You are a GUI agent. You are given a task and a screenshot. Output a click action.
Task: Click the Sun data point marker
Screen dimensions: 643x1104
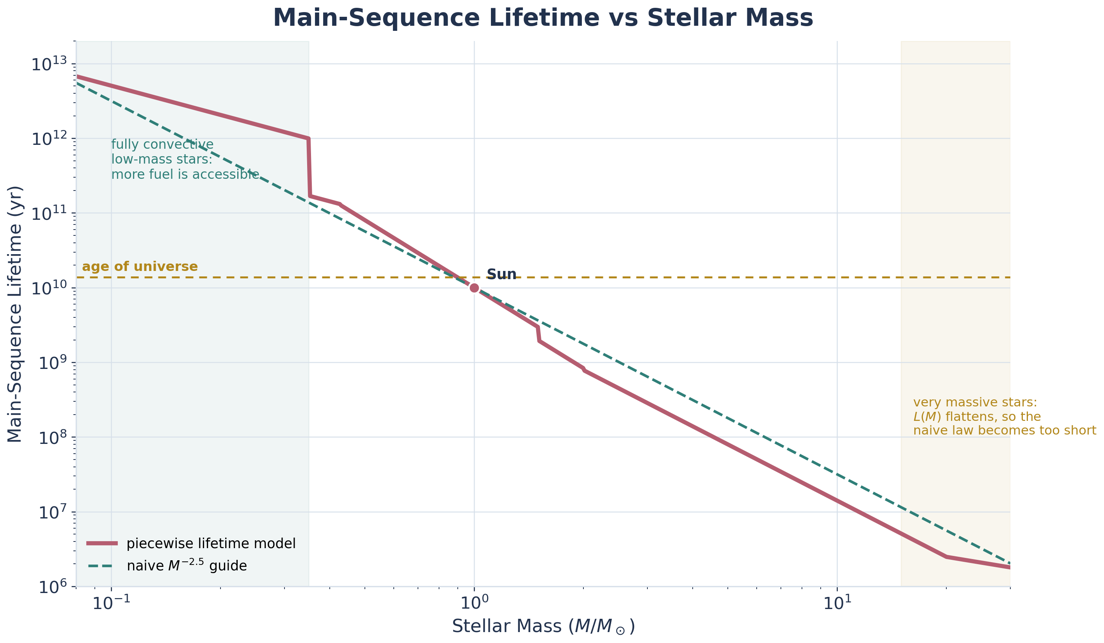[474, 288]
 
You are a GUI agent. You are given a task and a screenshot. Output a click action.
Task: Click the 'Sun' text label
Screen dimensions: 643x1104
[501, 274]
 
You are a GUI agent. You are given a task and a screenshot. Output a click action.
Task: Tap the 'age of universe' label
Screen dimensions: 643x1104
[140, 267]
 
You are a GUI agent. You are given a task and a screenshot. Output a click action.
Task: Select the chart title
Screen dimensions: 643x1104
[543, 18]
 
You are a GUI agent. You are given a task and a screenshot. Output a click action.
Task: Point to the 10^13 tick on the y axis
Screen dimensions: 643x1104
[49, 64]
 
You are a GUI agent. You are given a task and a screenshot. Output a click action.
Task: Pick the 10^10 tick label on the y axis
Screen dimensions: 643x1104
[49, 288]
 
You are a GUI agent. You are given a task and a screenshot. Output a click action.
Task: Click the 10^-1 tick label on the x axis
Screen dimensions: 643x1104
[111, 604]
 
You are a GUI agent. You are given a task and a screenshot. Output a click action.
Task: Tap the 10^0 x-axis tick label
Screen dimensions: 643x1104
[474, 604]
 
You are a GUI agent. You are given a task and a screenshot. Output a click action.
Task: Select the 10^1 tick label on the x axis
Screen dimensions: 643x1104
[837, 604]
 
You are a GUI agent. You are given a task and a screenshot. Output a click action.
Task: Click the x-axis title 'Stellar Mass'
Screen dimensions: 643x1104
[543, 626]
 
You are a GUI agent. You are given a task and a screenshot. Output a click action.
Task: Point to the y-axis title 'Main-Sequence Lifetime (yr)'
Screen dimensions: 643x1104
[15, 314]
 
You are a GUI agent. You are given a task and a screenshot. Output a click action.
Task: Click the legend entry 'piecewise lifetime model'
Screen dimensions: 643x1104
[211, 543]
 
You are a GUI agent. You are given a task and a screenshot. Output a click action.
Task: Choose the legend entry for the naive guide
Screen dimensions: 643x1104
[187, 566]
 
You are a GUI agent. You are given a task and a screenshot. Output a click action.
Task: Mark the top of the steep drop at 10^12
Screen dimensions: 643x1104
[308, 139]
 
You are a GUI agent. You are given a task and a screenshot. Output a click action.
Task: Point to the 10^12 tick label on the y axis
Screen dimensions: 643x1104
[49, 139]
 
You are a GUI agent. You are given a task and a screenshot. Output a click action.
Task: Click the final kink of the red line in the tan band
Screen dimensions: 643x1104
[947, 557]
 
